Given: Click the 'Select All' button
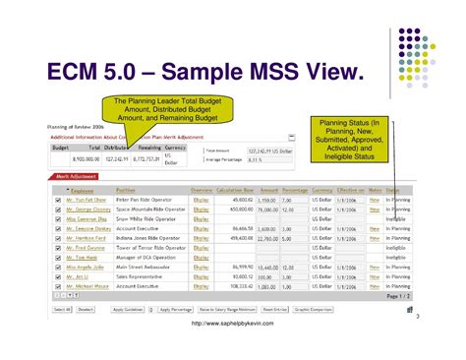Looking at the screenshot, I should (x=61, y=310).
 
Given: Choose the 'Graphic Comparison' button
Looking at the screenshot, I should (x=312, y=310).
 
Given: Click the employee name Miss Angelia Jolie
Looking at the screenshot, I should (x=86, y=267).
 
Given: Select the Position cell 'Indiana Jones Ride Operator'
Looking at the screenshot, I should (x=149, y=238).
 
